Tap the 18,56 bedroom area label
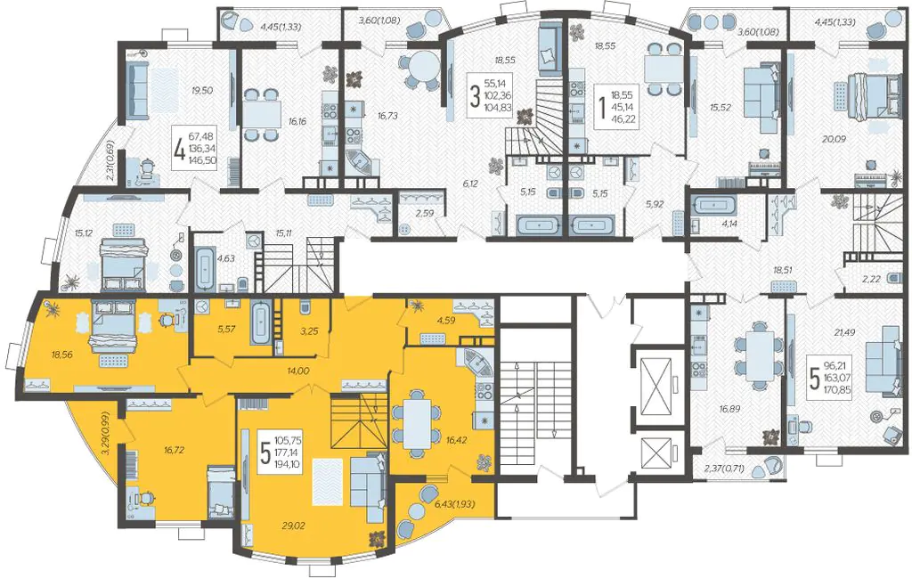[62, 354]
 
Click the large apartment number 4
[179, 149]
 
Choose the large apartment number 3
[475, 96]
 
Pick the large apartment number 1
[601, 107]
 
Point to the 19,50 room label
[202, 90]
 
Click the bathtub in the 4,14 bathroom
[714, 206]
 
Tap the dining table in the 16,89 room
[761, 355]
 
